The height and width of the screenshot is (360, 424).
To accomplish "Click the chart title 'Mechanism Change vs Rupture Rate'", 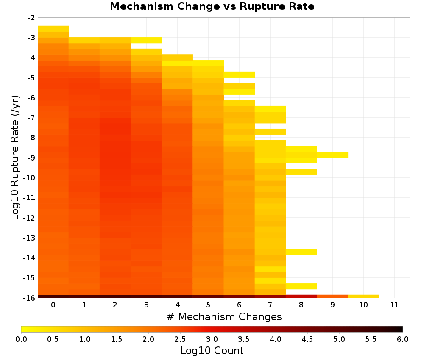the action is [x=212, y=6].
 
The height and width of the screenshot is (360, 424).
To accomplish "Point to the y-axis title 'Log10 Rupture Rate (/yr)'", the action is [x=15, y=158].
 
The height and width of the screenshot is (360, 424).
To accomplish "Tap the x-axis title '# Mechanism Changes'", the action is [x=224, y=316].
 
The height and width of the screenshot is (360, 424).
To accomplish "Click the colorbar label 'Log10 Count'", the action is [x=212, y=351].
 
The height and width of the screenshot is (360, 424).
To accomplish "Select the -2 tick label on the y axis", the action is [x=31, y=18].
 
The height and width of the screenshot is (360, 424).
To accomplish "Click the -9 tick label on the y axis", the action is [x=31, y=158].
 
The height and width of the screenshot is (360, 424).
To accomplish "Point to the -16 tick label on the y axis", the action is [x=30, y=298].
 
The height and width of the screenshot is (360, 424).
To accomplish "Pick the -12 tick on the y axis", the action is [x=30, y=218].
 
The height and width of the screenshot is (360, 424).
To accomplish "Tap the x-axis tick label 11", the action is [x=394, y=305].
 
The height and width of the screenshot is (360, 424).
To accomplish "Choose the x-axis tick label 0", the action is [x=53, y=305].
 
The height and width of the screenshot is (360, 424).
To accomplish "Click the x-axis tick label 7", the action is [x=270, y=305].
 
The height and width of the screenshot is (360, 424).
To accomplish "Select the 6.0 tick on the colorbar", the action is [x=403, y=339].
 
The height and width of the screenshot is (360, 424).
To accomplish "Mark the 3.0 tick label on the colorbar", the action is [x=212, y=339].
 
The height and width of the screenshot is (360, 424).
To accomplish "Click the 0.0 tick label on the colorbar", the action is [x=21, y=339].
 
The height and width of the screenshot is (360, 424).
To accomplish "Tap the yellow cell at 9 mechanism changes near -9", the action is [x=332, y=155].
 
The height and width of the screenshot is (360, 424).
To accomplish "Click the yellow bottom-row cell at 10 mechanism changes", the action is [x=363, y=296].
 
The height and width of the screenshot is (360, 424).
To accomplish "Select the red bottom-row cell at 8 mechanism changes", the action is [x=301, y=296].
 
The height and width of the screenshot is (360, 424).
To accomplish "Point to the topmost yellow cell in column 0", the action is [x=53, y=29].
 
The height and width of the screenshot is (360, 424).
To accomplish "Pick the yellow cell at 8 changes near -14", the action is [x=301, y=252].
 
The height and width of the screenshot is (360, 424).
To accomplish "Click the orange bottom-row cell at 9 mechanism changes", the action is [x=332, y=296].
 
